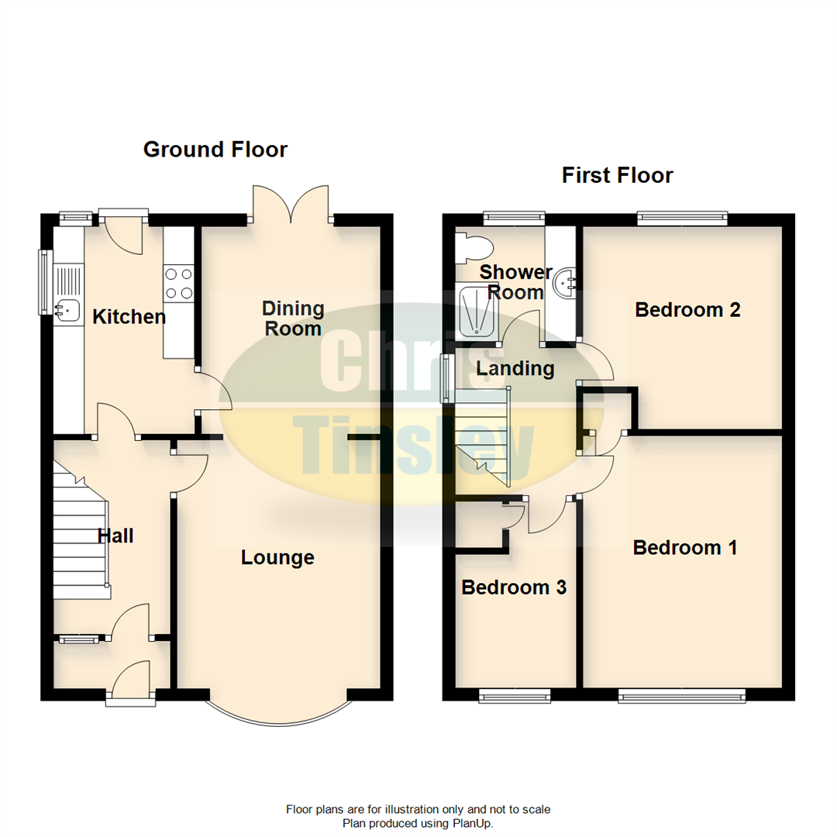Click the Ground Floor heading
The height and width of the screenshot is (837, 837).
coord(215,149)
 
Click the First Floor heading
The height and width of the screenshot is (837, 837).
coord(617,175)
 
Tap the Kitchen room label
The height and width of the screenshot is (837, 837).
coord(129,316)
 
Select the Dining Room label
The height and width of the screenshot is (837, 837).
coord(293,319)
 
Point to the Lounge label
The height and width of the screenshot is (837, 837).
coord(277,557)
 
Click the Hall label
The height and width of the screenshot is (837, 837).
coord(115,536)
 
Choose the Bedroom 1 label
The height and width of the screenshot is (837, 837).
coord(685,548)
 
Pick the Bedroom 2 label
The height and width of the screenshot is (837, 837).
coord(687,310)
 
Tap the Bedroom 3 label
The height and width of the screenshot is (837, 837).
coord(514,587)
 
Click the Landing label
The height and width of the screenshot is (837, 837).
coord(515,369)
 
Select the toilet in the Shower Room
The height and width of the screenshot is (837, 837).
coord(474,246)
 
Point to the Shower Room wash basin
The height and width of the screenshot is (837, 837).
coord(563,283)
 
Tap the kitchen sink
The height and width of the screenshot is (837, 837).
coord(67,309)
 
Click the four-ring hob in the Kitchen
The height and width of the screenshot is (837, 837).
coord(178,284)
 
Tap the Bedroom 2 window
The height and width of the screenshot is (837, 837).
coord(682,219)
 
